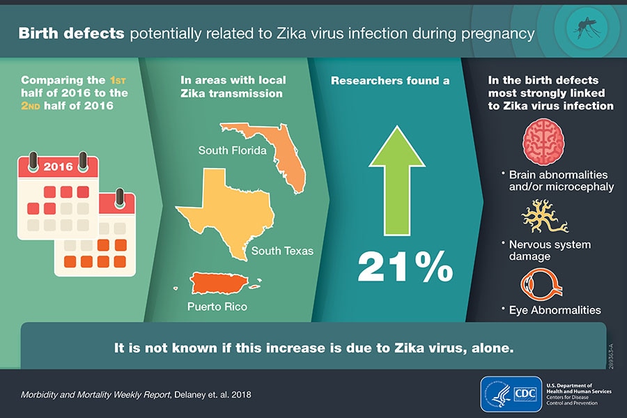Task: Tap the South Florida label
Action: [x=232, y=150]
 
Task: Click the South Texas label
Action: [x=282, y=251]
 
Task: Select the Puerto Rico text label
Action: [x=217, y=306]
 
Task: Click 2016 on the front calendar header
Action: [x=58, y=167]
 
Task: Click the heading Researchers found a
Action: [x=389, y=81]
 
